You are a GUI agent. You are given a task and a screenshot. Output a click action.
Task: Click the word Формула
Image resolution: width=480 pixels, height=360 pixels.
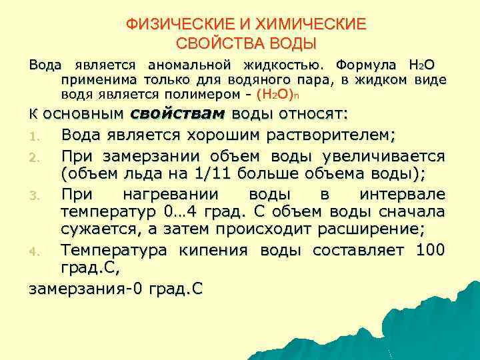[x=365, y=65]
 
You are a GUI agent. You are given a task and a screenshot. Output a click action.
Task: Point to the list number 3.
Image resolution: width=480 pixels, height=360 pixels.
[x=35, y=195]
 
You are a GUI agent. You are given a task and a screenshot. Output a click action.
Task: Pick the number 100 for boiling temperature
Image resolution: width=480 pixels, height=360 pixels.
[x=429, y=250]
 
